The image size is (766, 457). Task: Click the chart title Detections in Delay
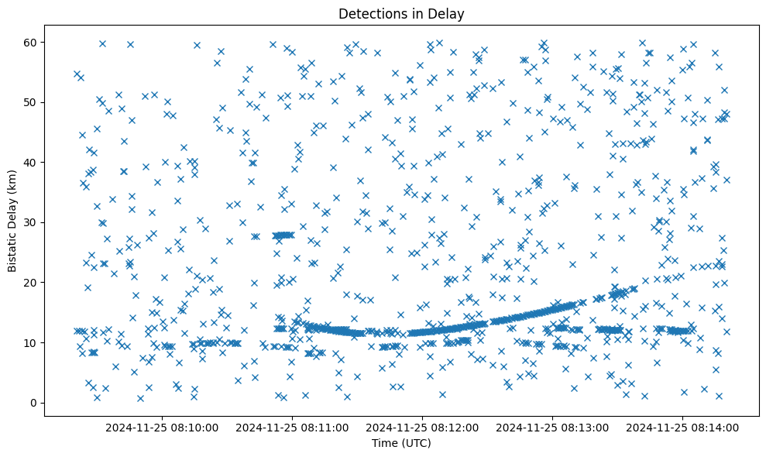[401, 13]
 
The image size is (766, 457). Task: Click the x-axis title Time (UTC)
[401, 444]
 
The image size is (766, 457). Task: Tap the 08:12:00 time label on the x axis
[424, 427]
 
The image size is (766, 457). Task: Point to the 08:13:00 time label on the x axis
[554, 427]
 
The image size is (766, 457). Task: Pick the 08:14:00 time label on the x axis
[683, 427]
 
